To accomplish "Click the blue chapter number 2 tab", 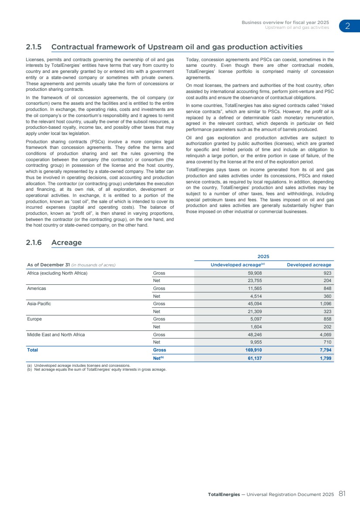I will (x=348, y=26).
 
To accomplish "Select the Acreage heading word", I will (x=66, y=242).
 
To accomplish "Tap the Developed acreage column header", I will (x=309, y=265).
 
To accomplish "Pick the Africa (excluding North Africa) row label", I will (x=58, y=273).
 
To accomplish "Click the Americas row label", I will (x=37, y=289).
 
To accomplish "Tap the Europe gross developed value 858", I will (x=327, y=319).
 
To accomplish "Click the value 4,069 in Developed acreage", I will (x=325, y=334).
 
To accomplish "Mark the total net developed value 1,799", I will (x=325, y=358).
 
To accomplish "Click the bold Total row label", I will (x=33, y=350).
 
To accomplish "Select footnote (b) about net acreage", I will (x=97, y=369).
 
